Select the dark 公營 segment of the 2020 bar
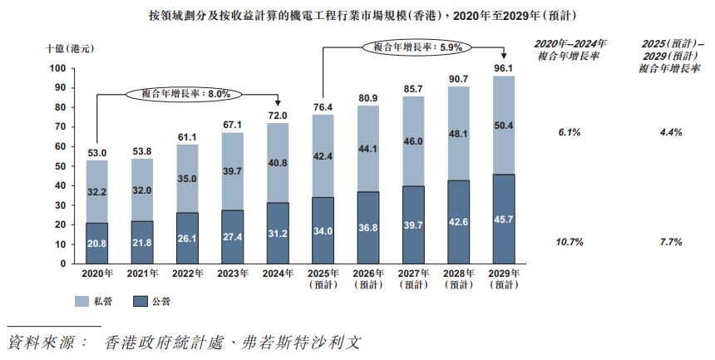[97, 243]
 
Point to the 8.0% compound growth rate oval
[184, 94]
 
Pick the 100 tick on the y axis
[57, 68]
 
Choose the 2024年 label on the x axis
[277, 274]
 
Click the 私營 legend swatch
[82, 302]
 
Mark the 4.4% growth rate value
[670, 131]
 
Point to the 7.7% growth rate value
[670, 242]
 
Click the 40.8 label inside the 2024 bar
[277, 163]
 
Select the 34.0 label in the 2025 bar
[323, 230]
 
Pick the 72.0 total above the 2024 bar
[277, 116]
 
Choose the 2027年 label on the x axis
[412, 274]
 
